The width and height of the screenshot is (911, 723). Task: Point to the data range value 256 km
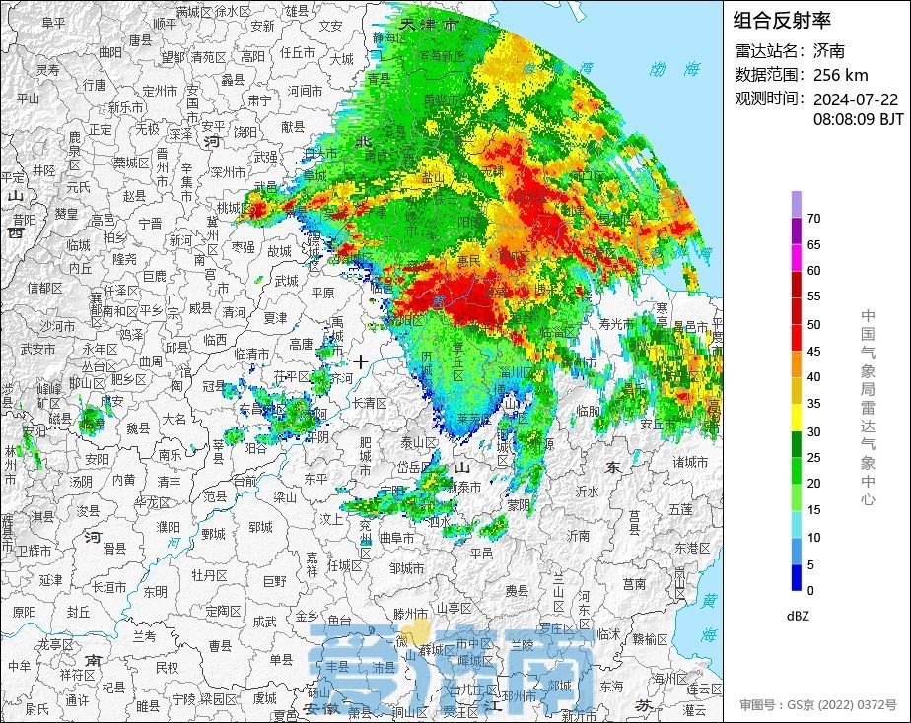pos(840,74)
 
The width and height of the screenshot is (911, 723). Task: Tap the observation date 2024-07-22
pos(855,99)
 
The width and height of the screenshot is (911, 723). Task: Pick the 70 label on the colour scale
pos(813,219)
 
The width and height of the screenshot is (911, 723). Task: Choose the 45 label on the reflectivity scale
pos(813,351)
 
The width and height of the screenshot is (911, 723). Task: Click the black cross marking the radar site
pos(361,361)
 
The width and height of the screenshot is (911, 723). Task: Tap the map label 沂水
pos(588,490)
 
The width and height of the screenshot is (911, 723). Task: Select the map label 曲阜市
pos(396,538)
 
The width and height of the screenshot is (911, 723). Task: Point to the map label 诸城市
pos(690,461)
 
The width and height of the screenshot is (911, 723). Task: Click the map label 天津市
pos(429,24)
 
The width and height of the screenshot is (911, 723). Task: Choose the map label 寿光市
pos(618,322)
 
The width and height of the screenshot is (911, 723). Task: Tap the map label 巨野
pos(277,581)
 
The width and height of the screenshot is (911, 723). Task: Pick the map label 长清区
pos(369,402)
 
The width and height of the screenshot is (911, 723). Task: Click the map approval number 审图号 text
pos(818,705)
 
